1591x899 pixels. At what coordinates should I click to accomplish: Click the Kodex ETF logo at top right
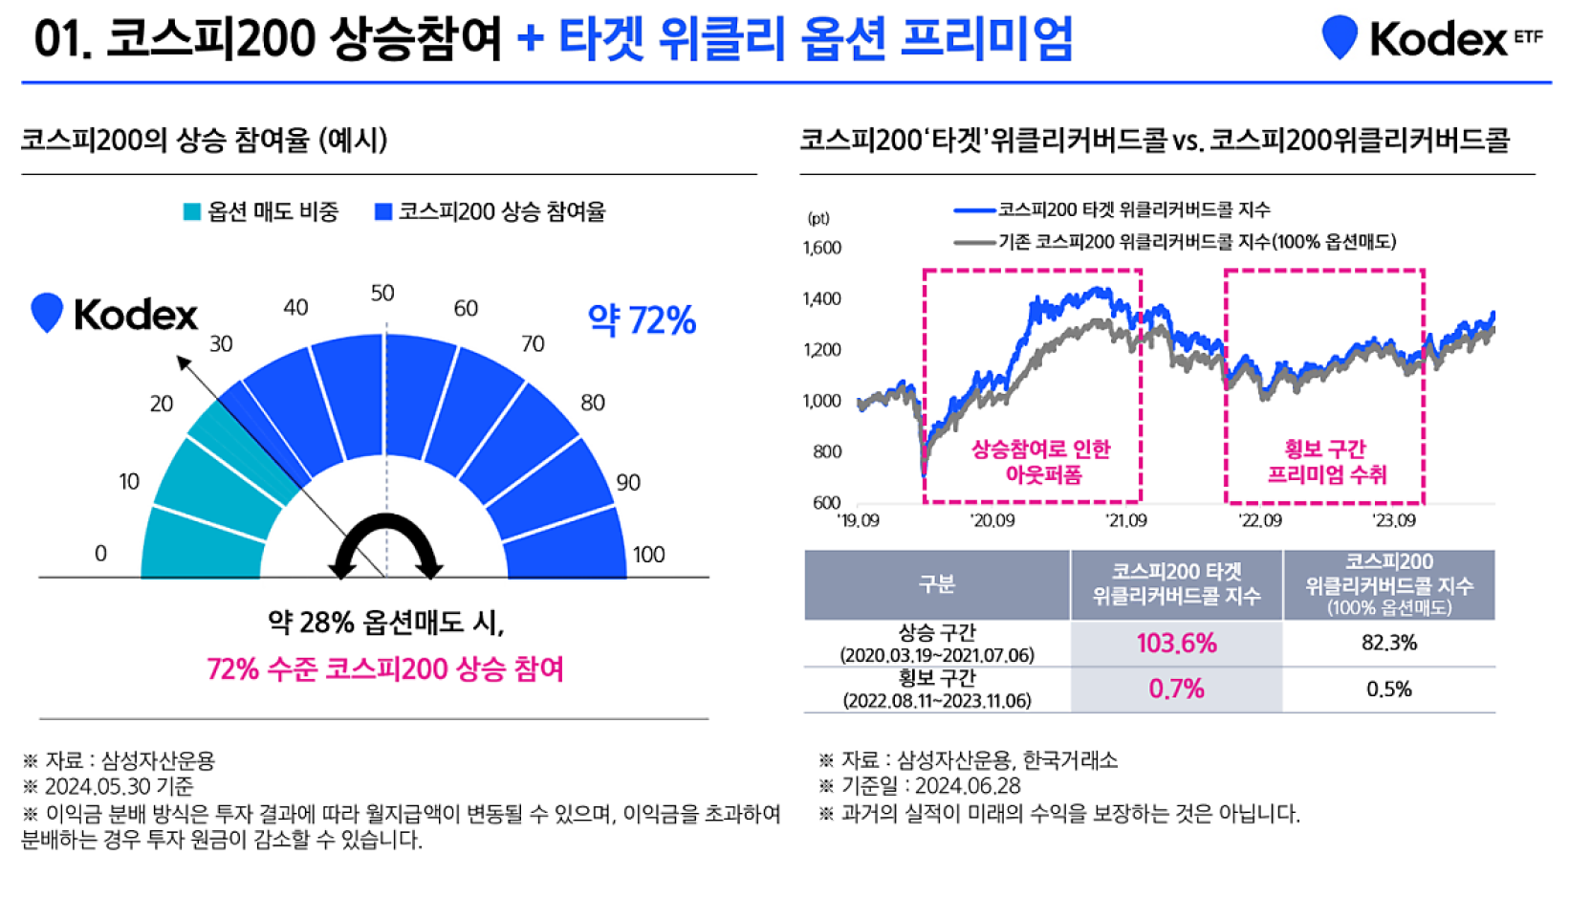tap(1431, 38)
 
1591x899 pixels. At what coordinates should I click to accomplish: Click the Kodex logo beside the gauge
tap(114, 314)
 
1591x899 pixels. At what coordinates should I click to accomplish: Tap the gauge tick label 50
tap(382, 293)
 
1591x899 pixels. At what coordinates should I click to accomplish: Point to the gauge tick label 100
tap(648, 554)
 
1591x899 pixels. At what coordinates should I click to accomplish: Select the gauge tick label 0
tap(100, 553)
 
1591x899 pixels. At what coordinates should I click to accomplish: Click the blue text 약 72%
tap(642, 319)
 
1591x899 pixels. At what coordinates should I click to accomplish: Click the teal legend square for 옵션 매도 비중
tap(191, 211)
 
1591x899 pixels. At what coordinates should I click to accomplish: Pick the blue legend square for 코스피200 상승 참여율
tap(383, 211)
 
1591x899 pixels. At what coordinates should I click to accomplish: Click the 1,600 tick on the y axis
tap(821, 248)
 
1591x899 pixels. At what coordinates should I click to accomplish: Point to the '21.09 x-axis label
tap(1125, 520)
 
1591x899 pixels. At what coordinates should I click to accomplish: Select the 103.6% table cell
tap(1176, 643)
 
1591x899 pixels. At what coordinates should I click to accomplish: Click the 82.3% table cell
tap(1388, 643)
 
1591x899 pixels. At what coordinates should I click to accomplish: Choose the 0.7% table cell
tap(1176, 689)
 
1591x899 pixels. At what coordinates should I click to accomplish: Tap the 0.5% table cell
tap(1388, 689)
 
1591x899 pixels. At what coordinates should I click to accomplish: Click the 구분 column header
tap(936, 584)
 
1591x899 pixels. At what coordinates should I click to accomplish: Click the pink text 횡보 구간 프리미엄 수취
tap(1326, 462)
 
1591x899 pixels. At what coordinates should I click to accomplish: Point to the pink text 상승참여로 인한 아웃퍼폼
tap(1041, 462)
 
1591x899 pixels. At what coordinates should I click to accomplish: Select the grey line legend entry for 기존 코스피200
tap(1176, 242)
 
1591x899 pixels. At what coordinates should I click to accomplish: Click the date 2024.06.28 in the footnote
tap(968, 786)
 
